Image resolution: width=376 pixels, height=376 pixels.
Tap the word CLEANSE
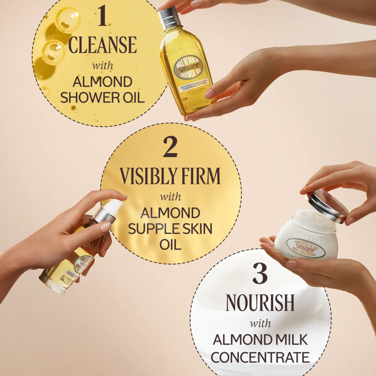[102, 45]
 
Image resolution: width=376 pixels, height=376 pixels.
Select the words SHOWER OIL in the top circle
[102, 97]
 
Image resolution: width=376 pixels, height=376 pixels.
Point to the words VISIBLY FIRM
[170, 176]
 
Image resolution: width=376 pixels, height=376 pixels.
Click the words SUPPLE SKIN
[170, 229]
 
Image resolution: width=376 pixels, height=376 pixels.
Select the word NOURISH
[260, 303]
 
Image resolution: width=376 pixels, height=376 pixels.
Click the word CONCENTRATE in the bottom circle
[260, 357]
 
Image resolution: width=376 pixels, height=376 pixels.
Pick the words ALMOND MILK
[260, 340]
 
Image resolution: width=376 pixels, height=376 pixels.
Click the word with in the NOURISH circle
[260, 323]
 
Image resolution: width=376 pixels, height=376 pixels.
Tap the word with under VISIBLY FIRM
[170, 197]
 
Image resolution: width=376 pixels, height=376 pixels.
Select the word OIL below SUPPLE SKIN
[170, 244]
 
